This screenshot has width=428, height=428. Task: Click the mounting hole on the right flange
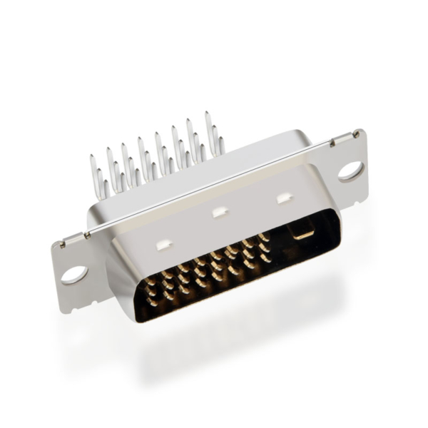point(350,170)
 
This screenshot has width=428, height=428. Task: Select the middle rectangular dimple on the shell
point(220,211)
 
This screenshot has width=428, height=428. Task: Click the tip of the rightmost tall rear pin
point(208,115)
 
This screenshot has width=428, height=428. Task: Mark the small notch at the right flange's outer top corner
point(355,134)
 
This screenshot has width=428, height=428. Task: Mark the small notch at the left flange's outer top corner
point(61,244)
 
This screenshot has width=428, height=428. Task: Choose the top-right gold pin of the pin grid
point(263,236)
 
